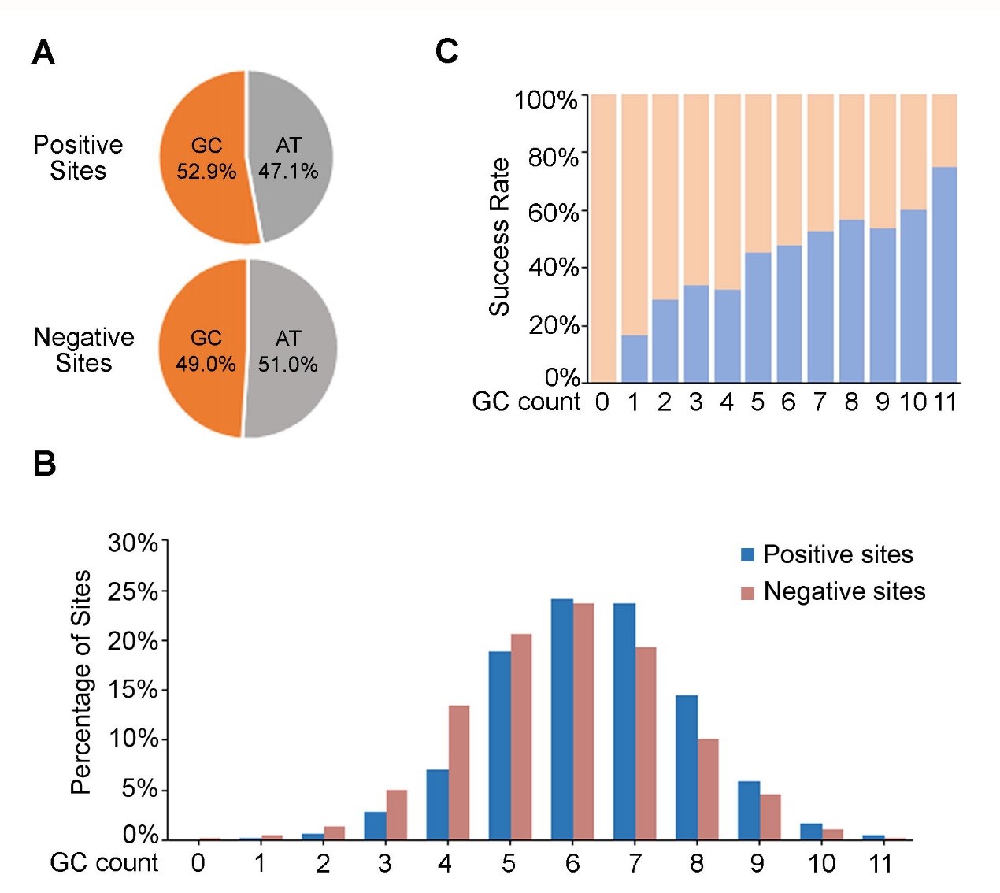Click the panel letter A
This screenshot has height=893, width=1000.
pos(43,53)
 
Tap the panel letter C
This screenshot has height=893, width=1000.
pos(446,51)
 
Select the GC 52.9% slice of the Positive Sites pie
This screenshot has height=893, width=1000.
pos(203,157)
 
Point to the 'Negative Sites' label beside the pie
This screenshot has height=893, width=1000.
pos(83,350)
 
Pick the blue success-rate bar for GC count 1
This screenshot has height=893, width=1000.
pos(634,359)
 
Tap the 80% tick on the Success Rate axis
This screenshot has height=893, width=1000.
pos(553,157)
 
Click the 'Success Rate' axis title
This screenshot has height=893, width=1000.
pos(499,236)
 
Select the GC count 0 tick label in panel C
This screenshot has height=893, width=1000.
pos(602,402)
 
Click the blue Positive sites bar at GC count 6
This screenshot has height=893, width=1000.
pos(561,719)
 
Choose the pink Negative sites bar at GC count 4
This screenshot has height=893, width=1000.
pos(459,773)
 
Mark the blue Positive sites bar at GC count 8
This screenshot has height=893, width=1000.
pos(686,767)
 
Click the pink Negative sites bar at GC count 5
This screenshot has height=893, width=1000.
pos(521,736)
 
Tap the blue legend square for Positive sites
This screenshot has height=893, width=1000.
pos(747,554)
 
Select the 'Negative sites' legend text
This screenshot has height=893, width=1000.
pos(844,591)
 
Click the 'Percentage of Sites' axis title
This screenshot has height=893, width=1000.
pos(80,681)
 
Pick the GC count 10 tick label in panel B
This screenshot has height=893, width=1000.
pos(820,863)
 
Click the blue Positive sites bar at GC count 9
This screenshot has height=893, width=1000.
pos(749,810)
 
